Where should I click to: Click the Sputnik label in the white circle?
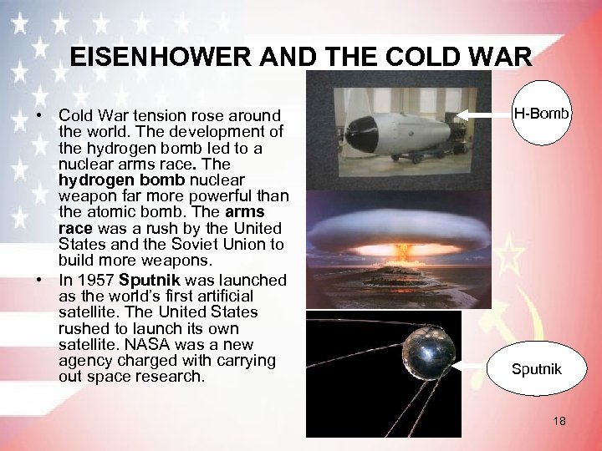click(x=537, y=369)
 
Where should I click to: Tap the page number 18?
click(x=559, y=422)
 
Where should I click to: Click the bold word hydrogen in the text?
click(x=92, y=180)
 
